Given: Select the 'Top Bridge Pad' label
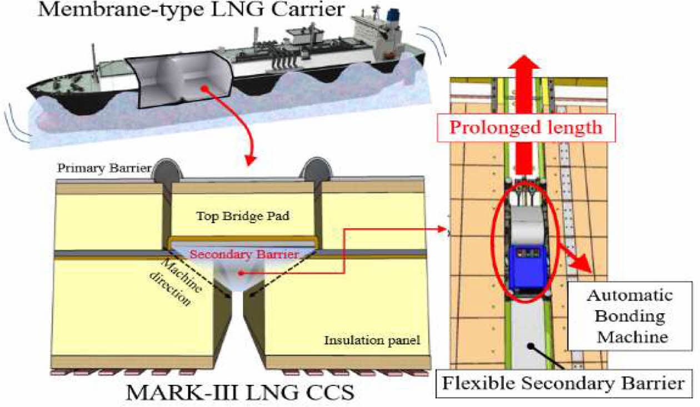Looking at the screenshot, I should tap(243, 216).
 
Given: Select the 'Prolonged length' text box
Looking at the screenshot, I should tap(526, 127).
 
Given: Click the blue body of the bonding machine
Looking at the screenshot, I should tap(527, 267).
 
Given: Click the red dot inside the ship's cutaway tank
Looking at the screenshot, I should tap(206, 87).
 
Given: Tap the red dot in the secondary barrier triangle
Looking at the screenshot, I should tap(240, 273).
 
